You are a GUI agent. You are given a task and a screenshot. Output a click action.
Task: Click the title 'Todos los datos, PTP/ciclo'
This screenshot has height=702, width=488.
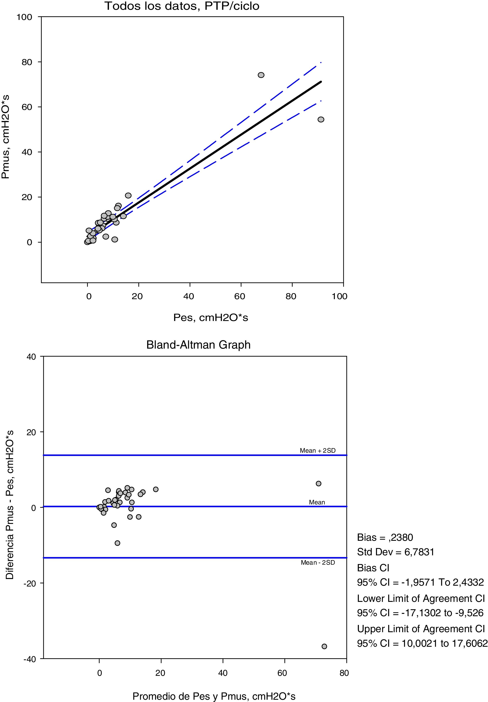[182, 6]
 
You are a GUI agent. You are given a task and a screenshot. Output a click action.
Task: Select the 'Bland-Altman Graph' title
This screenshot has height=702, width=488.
[198, 345]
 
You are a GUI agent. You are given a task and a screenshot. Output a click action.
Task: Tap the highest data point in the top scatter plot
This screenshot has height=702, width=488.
[261, 75]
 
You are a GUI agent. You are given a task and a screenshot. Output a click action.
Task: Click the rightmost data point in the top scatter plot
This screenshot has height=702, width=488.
[321, 119]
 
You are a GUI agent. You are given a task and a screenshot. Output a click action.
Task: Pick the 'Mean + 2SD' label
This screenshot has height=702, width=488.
[317, 450]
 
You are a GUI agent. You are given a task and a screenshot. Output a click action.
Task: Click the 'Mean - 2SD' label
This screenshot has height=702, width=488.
[318, 563]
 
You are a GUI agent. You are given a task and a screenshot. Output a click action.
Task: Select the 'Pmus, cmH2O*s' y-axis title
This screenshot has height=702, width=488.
[5, 137]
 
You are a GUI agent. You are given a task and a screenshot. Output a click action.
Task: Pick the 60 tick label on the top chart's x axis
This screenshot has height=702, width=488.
[240, 296]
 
